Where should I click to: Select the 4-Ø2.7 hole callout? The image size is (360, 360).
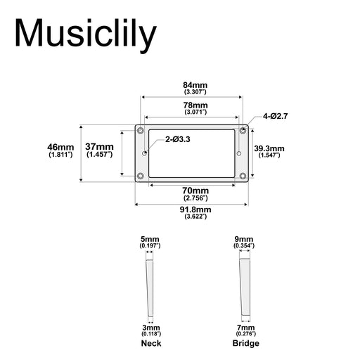(x=275, y=115)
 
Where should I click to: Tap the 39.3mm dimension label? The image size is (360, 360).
(x=269, y=148)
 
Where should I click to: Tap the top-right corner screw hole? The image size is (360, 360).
(x=243, y=131)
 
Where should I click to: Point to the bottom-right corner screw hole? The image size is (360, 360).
(x=243, y=175)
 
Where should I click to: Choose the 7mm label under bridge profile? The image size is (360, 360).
(x=244, y=328)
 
